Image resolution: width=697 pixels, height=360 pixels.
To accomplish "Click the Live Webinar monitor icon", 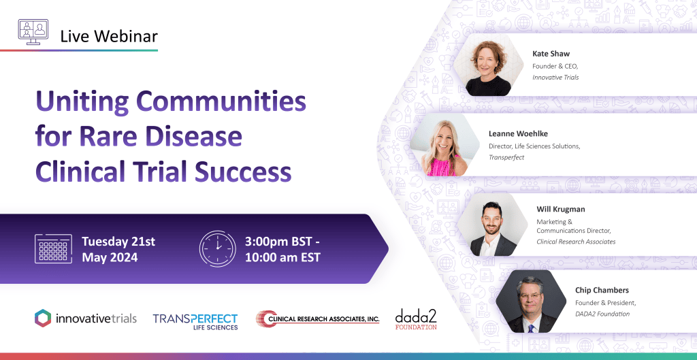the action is (x=33, y=32).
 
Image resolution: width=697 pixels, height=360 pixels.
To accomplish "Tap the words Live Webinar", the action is (x=109, y=37).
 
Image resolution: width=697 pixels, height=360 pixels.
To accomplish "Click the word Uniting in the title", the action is (x=82, y=103).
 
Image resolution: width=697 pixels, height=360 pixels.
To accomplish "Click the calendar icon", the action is (x=53, y=249).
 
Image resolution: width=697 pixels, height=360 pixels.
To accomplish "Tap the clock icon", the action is (x=217, y=248).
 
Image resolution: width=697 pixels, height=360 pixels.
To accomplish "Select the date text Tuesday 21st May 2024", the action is (x=118, y=249).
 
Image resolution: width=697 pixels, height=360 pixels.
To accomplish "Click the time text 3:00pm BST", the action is (x=282, y=242).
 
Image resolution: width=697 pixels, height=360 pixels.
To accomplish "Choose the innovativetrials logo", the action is (x=85, y=318).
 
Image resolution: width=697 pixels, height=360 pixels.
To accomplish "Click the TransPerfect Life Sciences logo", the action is (x=195, y=321).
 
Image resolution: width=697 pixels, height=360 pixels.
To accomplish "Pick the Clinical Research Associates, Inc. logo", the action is (x=317, y=319).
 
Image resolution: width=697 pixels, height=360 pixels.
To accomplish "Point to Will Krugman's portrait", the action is (x=493, y=225).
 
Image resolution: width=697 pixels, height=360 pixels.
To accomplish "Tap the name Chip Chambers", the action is (x=602, y=290).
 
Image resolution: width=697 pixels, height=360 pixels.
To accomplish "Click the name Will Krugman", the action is (x=561, y=209).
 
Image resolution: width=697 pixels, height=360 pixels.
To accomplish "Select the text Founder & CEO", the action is (x=555, y=66).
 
